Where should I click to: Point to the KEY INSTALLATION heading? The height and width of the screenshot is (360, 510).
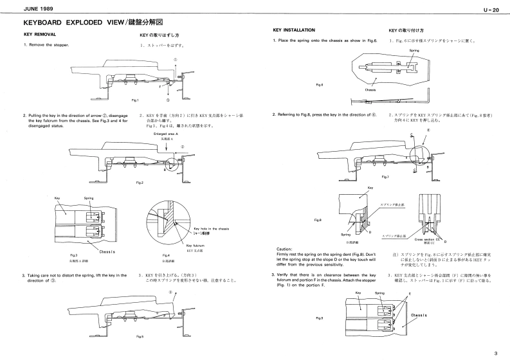[294, 30]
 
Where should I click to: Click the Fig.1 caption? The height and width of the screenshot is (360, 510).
[136, 100]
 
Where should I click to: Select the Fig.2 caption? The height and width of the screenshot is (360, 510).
[140, 182]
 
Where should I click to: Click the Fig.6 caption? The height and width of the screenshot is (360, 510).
[320, 85]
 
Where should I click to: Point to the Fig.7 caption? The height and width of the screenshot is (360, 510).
[385, 177]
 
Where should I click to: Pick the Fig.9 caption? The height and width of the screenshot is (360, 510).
[320, 318]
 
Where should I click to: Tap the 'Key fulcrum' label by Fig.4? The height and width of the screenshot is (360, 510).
[196, 246]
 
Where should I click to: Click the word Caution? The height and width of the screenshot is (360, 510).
[284, 249]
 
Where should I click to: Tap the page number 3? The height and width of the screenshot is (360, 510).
[496, 352]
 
